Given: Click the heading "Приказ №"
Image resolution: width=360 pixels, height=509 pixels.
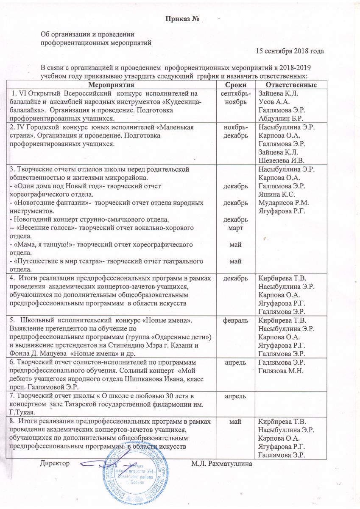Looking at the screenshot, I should pyautogui.click(x=182, y=20).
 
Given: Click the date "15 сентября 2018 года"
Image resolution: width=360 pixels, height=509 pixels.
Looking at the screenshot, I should pyautogui.click(x=290, y=51).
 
